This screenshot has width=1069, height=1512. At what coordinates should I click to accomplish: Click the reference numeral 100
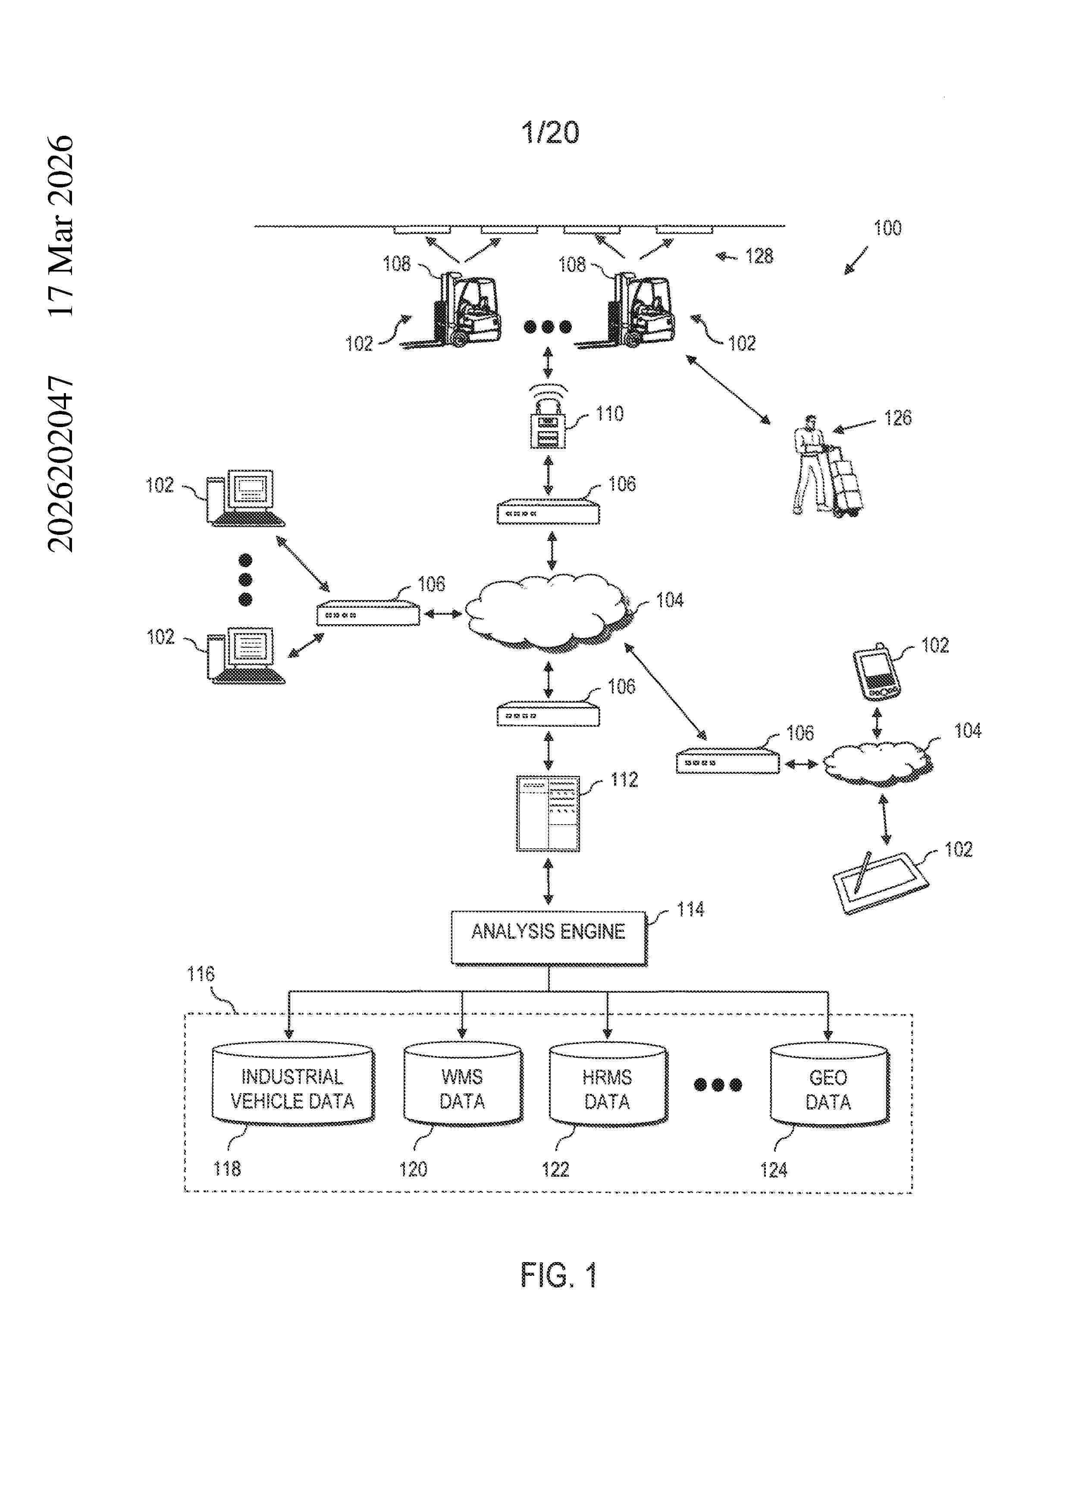[x=887, y=228]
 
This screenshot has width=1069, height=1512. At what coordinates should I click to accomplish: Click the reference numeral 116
[x=200, y=974]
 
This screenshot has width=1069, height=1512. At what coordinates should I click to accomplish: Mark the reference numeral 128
[x=759, y=256]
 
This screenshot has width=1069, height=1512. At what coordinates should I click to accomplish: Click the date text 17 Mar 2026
[x=61, y=226]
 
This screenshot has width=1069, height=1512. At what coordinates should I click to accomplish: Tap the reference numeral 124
[x=773, y=1170]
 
